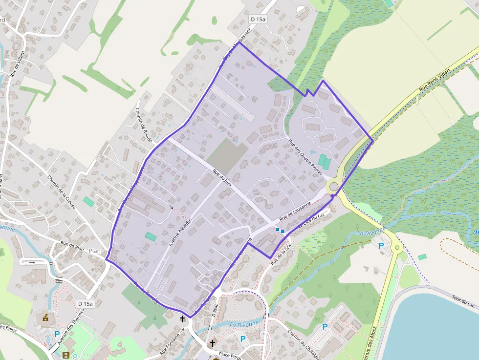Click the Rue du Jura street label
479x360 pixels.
(x=222, y=178)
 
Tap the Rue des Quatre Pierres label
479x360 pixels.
(x=305, y=157)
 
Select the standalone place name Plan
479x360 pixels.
(x=95, y=251)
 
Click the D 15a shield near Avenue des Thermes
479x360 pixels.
(x=85, y=304)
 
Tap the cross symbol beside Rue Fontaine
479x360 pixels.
(x=182, y=319)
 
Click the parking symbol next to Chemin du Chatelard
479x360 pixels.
(x=325, y=327)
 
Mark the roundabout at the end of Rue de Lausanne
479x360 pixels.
(x=334, y=186)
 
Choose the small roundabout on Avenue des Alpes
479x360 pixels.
(x=397, y=248)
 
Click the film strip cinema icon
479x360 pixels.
(x=66, y=355)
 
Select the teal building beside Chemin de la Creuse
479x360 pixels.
(x=88, y=201)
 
